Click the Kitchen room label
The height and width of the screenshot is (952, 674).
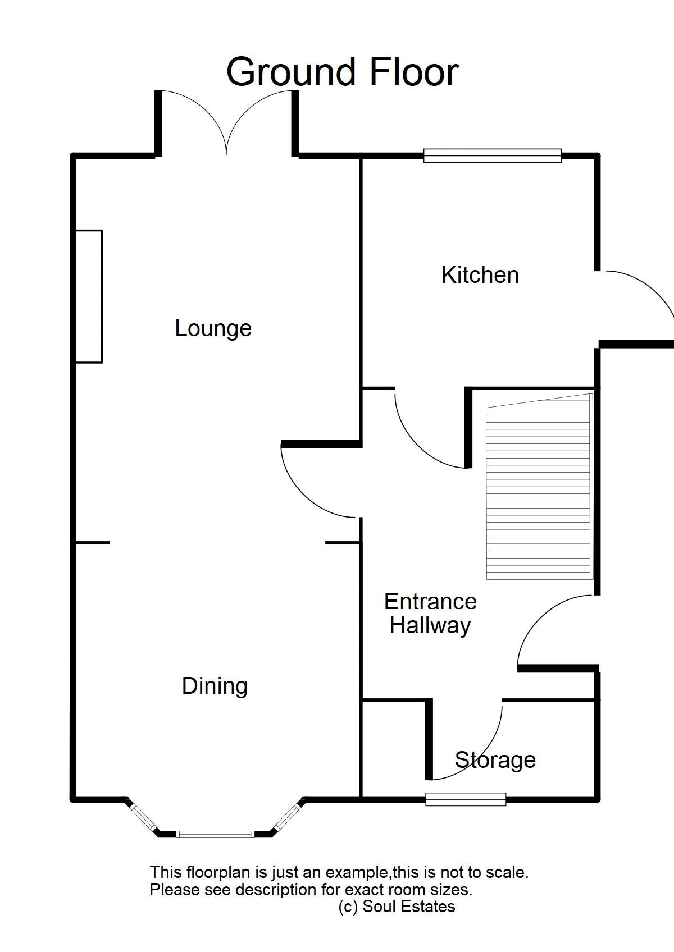[x=480, y=275]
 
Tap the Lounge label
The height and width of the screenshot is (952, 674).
[x=213, y=328]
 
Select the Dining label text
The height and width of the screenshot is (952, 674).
[x=215, y=686]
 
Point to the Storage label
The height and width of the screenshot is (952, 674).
[x=495, y=760]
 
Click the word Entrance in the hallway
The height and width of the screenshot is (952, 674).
[x=430, y=602]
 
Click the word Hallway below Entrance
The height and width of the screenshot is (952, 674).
[x=430, y=625]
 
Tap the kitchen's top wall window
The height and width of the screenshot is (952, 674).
[x=492, y=155]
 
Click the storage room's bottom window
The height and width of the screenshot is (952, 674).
[x=466, y=799]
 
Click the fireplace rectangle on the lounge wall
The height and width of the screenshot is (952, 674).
[x=89, y=296]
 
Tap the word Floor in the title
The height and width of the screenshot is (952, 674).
[x=414, y=72]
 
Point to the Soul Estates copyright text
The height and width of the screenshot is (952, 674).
[x=397, y=906]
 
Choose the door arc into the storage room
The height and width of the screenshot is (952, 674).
[x=483, y=758]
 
